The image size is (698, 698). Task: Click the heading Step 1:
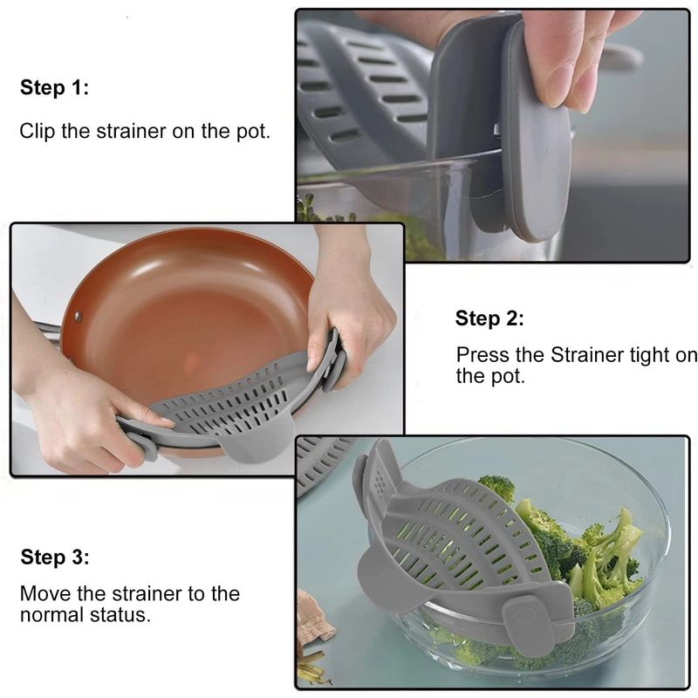coord(54,88)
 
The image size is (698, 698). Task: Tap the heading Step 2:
coord(489,318)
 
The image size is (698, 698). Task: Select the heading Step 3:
coord(54,558)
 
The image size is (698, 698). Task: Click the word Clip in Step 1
coord(35,132)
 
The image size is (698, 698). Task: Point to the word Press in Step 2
coord(479,355)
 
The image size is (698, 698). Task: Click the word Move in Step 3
coord(43,593)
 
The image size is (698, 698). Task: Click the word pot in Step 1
coord(254,132)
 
